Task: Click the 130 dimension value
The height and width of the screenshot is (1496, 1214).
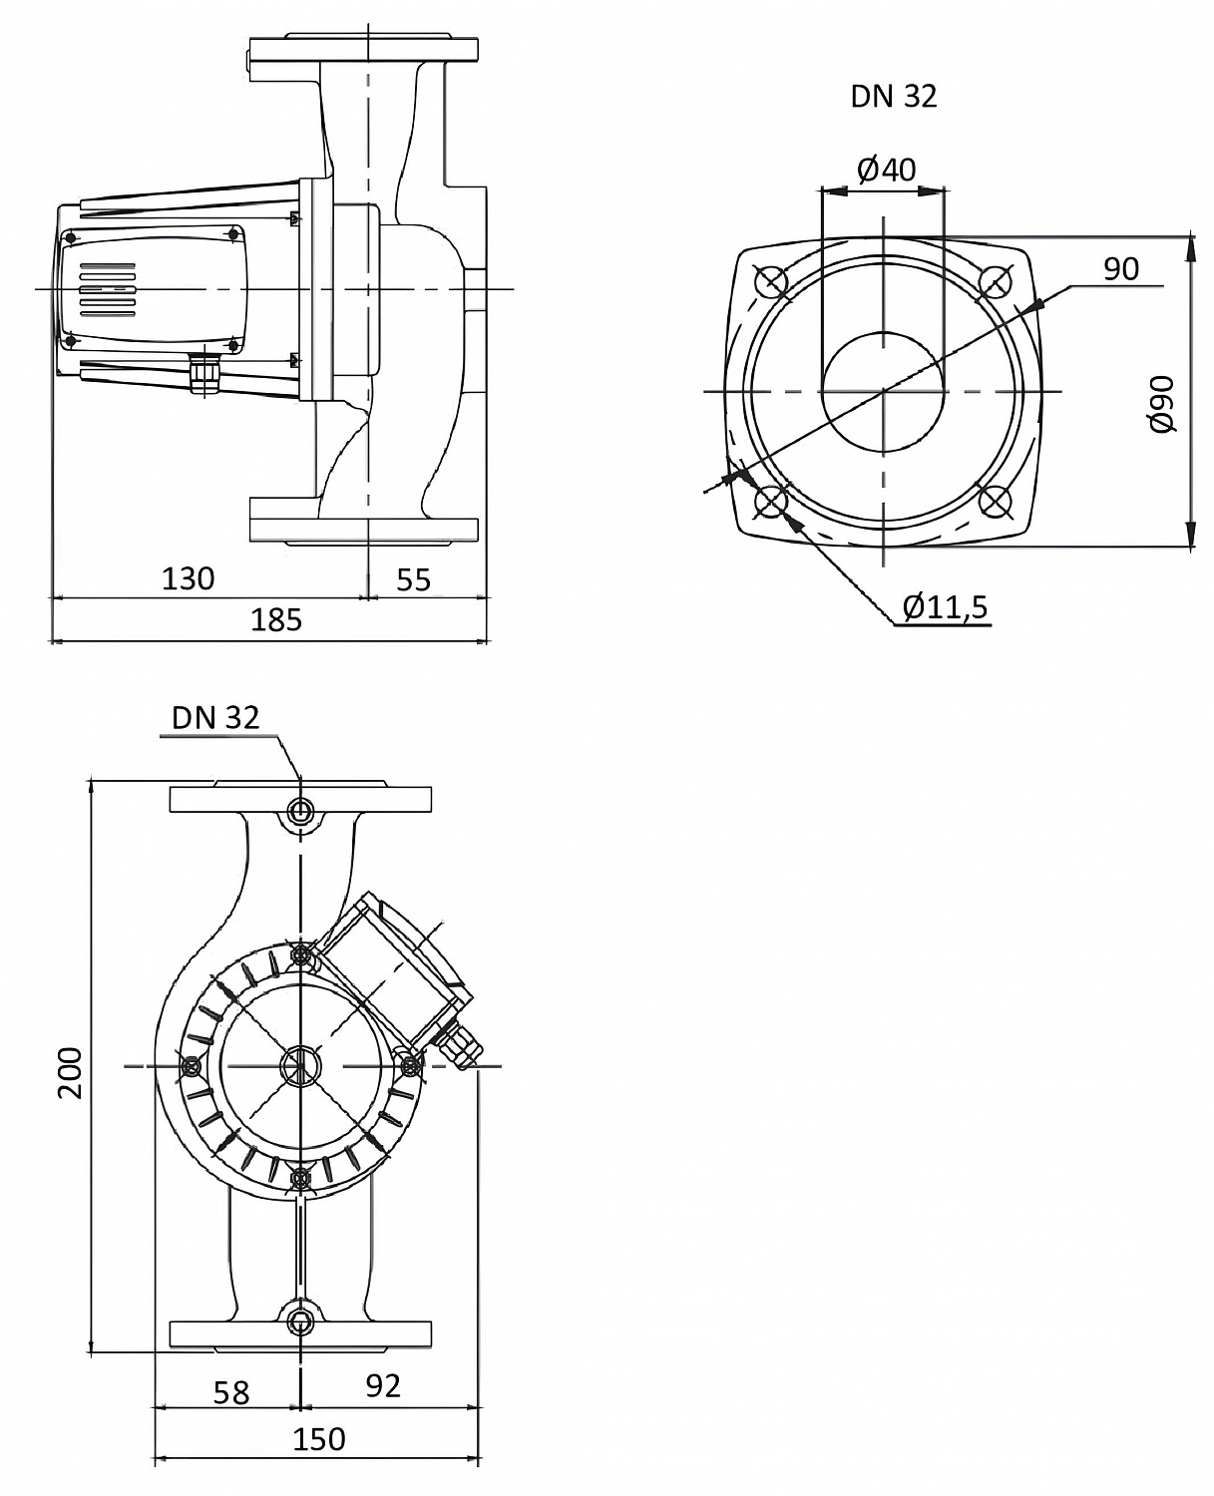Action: pos(188,578)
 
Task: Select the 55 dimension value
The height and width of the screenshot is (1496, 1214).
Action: pos(413,578)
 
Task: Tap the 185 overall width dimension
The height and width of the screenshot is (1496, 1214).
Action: pos(275,620)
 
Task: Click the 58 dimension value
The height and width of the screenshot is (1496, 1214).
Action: pos(231,1392)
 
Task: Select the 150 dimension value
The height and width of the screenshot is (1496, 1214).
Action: pos(319,1439)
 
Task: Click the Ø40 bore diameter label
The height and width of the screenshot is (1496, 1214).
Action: pos(886,170)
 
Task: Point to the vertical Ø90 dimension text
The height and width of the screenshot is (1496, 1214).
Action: pos(1162,404)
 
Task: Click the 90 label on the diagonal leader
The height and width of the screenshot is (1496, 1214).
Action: pos(1121,269)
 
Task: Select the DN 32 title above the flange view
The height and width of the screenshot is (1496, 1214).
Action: pos(893,97)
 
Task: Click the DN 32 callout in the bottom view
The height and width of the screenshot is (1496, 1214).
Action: pos(214,718)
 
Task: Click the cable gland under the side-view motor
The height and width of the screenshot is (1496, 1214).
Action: pos(206,375)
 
